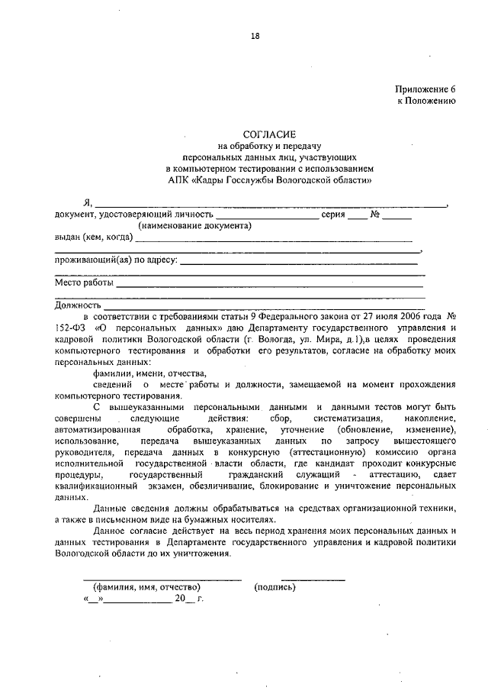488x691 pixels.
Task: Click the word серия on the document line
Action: click(334, 215)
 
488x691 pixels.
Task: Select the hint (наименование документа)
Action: click(194, 226)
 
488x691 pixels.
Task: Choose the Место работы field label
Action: click(84, 282)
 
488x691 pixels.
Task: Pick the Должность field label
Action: click(72, 305)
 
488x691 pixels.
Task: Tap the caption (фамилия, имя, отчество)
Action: click(146, 587)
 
